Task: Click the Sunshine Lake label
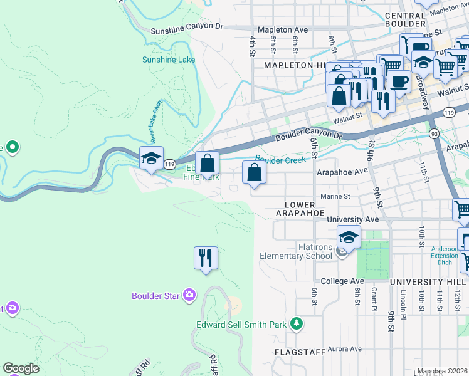pos(169,60)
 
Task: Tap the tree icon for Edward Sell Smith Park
pos(297,324)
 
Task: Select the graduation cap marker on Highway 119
pos(151,159)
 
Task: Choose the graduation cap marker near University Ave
pos(349,237)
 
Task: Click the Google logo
pos(21,368)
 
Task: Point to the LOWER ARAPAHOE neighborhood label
pos(300,209)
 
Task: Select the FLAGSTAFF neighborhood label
pos(300,352)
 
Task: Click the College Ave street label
pos(342,281)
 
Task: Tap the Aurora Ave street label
pos(344,348)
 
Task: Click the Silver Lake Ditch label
pos(154,121)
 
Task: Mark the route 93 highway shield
pos(434,133)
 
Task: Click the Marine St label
pos(335,196)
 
